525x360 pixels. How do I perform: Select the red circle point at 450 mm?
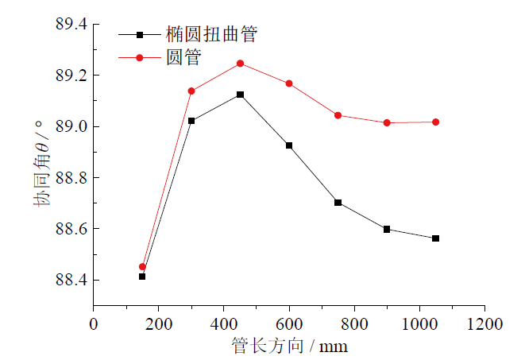click(x=240, y=64)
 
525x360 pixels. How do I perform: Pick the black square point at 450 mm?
click(x=240, y=95)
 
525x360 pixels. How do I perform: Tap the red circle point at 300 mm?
click(x=191, y=91)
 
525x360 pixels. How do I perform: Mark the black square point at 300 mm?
click(x=191, y=121)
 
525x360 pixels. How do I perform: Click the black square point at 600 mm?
click(x=289, y=145)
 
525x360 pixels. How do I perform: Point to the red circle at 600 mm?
click(x=289, y=83)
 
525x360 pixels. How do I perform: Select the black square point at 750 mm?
click(x=338, y=203)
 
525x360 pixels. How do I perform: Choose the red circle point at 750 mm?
click(x=338, y=115)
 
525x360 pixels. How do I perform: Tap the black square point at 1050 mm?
click(x=436, y=238)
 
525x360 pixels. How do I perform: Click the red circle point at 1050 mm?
click(x=436, y=122)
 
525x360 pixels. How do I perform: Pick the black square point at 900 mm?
click(x=387, y=229)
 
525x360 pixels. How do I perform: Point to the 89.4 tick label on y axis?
click(x=69, y=25)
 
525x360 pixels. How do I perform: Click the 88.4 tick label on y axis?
click(x=69, y=281)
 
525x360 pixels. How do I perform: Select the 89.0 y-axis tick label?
click(x=69, y=127)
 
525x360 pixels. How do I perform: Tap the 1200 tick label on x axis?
click(x=484, y=324)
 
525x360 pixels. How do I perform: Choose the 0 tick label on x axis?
click(x=94, y=324)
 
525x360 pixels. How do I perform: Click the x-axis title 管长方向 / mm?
click(x=289, y=346)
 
